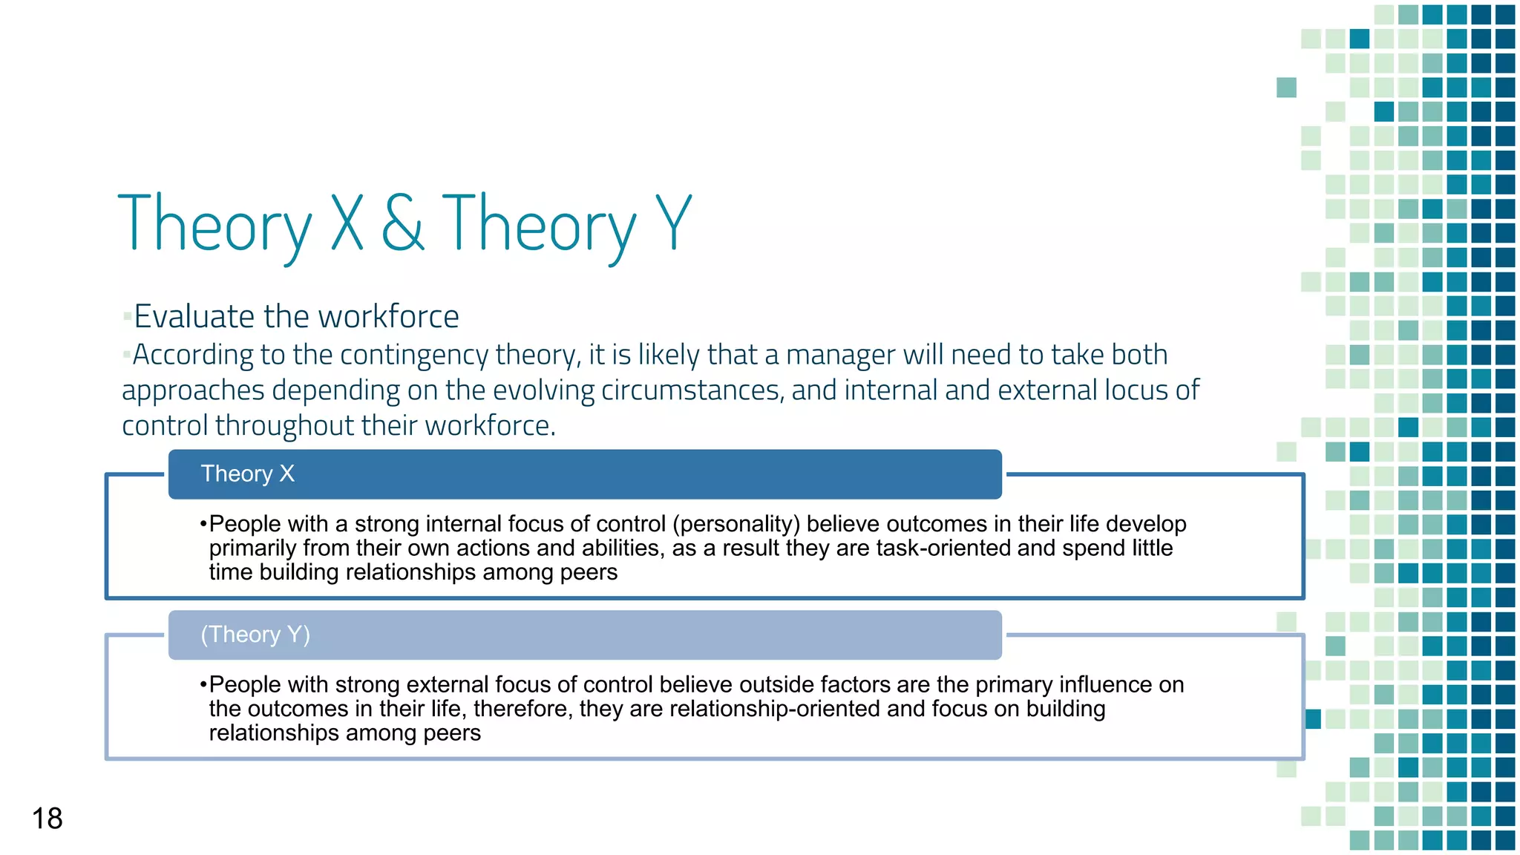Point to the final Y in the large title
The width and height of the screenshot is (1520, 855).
674,223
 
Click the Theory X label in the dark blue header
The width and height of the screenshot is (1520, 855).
247,474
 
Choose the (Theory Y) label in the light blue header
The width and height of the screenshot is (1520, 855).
255,635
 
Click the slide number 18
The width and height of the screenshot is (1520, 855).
47,819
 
